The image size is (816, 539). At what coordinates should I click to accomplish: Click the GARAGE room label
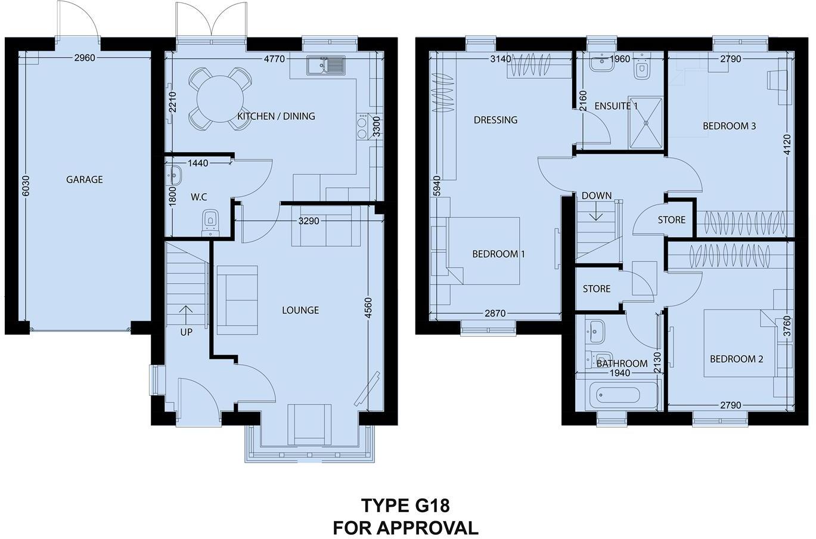point(84,179)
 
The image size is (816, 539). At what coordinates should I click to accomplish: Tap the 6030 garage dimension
point(25,187)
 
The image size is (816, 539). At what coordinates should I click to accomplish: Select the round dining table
point(220,99)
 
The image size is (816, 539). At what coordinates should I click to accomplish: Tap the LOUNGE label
point(300,310)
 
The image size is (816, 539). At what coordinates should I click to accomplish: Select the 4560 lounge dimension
point(368,308)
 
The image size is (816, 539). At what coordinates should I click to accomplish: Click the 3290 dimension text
point(309,221)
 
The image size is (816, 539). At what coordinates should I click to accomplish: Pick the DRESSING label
point(495,120)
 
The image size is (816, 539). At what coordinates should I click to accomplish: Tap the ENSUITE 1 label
point(616,106)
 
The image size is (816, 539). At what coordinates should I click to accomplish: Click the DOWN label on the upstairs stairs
point(596,196)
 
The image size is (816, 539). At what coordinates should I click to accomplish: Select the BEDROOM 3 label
point(729,126)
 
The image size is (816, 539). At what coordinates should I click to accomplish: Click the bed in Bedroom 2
point(739,343)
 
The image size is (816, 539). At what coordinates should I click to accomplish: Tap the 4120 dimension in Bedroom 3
point(786,145)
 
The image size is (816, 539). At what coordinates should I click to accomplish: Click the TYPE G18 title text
point(405,506)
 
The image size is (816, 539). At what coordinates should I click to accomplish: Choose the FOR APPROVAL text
point(405,528)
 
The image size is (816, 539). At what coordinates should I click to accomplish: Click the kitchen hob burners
point(362,127)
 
